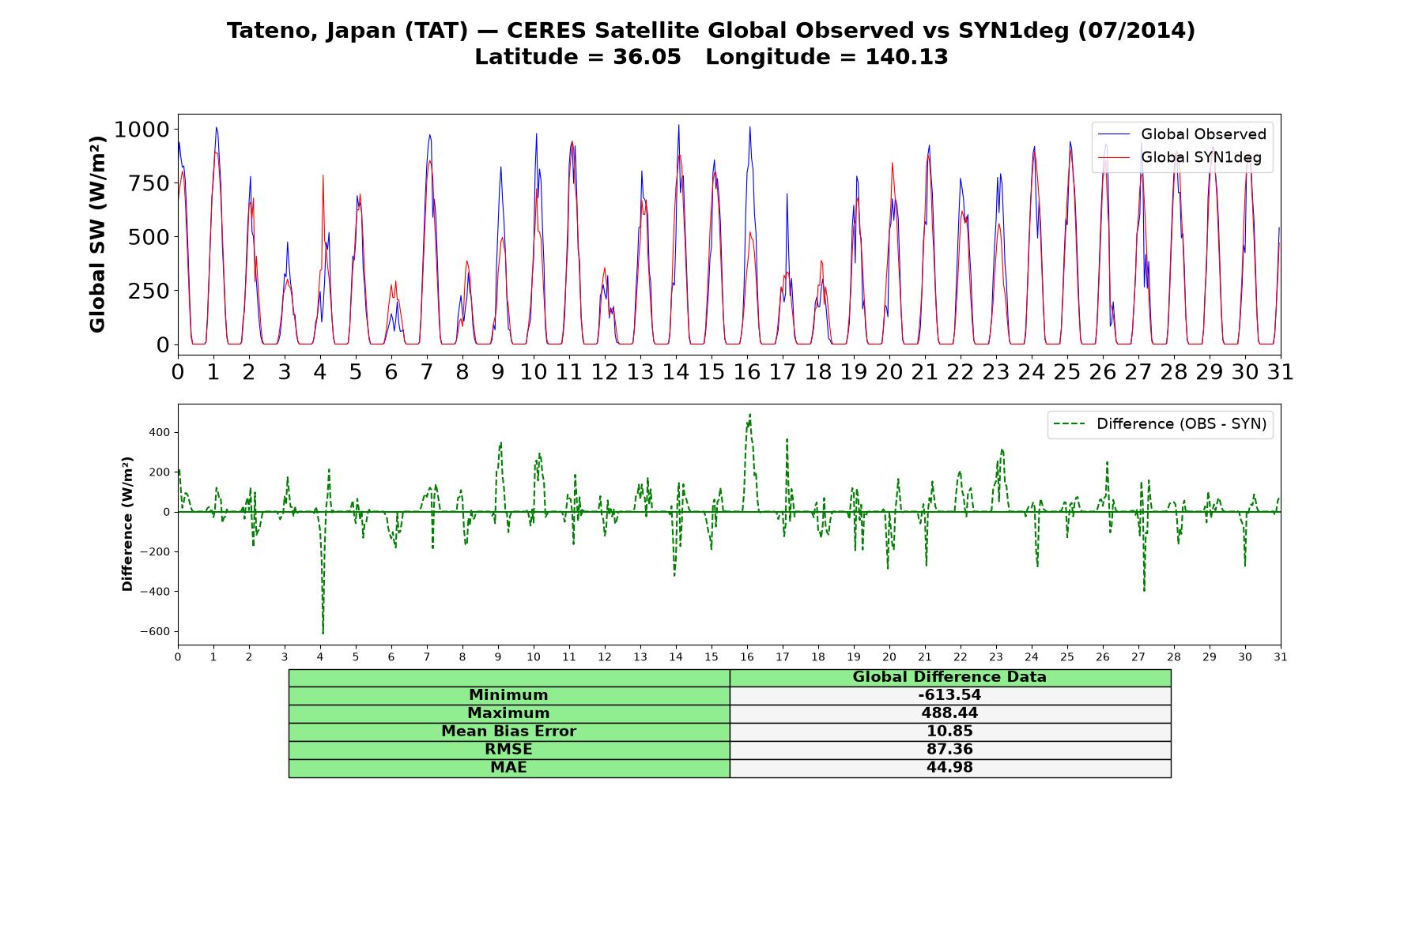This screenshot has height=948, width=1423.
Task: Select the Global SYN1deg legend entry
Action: (1180, 157)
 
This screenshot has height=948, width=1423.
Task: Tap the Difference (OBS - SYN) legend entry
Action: (1161, 424)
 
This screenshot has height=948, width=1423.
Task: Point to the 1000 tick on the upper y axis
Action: (142, 130)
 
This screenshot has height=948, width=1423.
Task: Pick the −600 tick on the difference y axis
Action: (155, 632)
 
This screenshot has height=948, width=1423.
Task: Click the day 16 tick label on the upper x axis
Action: (747, 372)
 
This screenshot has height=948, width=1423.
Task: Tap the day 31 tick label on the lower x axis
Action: (1281, 657)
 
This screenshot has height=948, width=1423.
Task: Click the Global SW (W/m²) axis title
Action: (97, 235)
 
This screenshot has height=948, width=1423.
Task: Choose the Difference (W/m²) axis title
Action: (127, 524)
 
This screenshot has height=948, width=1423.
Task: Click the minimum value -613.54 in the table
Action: (949, 695)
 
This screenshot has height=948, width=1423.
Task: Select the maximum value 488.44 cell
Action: (949, 713)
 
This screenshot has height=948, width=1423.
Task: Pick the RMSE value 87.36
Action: (949, 750)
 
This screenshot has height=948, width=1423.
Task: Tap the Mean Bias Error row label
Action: (509, 732)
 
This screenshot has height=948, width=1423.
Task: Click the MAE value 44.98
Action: (949, 768)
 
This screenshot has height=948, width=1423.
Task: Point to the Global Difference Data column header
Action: (949, 677)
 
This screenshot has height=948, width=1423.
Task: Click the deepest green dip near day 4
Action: (323, 634)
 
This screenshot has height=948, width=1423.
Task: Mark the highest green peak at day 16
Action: (749, 414)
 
